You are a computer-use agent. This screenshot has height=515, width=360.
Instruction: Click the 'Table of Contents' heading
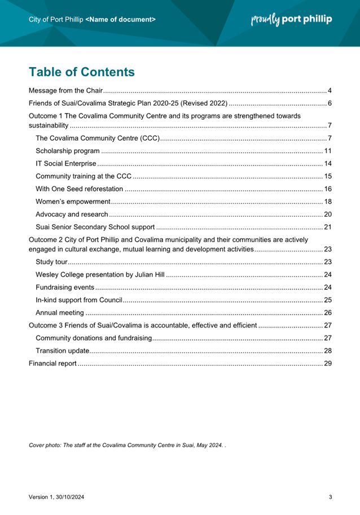click(x=82, y=72)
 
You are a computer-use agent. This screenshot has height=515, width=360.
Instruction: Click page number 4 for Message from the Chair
click(x=330, y=91)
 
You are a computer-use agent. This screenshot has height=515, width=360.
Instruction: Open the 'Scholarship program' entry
click(x=68, y=151)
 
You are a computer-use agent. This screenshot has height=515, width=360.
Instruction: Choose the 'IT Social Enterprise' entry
click(x=65, y=164)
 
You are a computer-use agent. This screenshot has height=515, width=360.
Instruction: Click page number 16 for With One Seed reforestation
click(x=327, y=189)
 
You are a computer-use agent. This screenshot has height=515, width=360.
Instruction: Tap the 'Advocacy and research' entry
click(x=71, y=215)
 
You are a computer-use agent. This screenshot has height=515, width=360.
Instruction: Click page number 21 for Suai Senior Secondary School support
click(x=327, y=228)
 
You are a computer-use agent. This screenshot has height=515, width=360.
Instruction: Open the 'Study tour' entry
click(x=51, y=261)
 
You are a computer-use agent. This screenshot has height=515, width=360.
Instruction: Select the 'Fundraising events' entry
click(x=64, y=287)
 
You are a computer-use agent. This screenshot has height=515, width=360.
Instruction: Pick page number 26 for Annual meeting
click(x=327, y=313)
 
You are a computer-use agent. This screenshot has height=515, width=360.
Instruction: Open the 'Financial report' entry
click(x=52, y=364)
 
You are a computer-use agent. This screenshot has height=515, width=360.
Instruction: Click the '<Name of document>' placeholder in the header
click(x=121, y=19)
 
